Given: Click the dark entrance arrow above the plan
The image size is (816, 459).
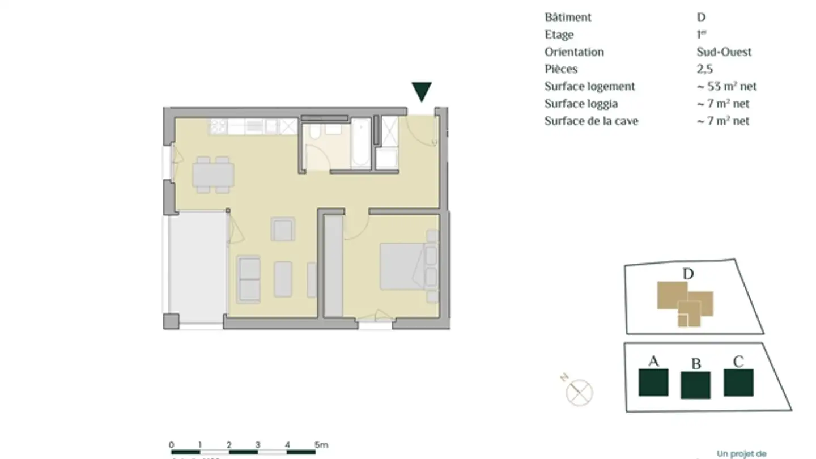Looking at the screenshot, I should click(422, 91).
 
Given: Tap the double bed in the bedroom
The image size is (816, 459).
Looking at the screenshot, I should click(403, 266).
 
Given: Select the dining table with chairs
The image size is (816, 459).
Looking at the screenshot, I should click(212, 175).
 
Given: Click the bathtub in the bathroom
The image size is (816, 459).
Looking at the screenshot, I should click(361, 144).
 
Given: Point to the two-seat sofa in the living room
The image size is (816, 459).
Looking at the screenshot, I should click(249, 279).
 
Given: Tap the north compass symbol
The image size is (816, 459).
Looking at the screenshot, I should click(579, 392).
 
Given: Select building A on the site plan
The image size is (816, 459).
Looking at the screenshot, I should click(653, 382).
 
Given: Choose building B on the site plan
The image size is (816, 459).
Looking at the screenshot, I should click(695, 385).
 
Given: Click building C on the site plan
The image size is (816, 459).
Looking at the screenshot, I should click(738, 382).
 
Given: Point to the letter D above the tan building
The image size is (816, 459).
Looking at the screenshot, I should click(688, 274).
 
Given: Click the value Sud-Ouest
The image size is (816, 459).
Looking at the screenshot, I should click(724, 52).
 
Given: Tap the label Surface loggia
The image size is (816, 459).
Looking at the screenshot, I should click(581, 104).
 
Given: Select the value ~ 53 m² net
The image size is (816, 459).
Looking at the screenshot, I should click(727, 87).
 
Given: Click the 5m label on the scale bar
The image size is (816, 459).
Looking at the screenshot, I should click(321, 445).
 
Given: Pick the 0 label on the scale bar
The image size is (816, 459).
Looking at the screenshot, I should click(172, 445).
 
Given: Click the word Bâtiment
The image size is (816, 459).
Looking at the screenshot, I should click(568, 18).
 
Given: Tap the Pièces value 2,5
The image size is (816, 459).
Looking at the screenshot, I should click(705, 69).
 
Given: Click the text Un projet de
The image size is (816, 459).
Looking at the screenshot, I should click(742, 453).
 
